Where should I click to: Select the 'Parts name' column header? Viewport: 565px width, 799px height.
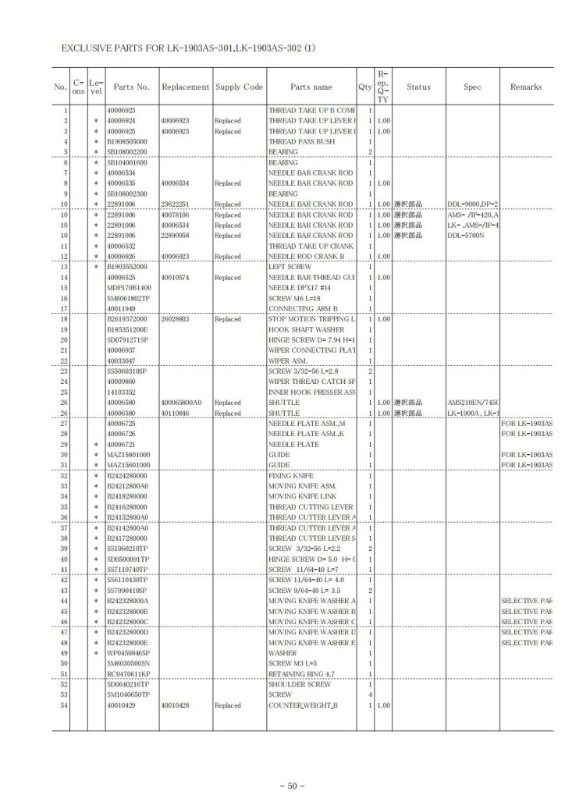click(311, 87)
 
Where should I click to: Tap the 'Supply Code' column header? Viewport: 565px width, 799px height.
click(240, 87)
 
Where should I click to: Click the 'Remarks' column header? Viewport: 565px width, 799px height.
click(526, 87)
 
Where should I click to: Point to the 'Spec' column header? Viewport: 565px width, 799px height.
click(472, 87)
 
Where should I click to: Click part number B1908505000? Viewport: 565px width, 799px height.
click(128, 142)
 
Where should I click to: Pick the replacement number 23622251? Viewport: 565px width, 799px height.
click(176, 204)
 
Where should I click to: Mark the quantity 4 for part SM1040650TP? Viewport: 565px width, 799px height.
click(369, 694)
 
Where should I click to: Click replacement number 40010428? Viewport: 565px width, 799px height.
click(176, 705)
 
